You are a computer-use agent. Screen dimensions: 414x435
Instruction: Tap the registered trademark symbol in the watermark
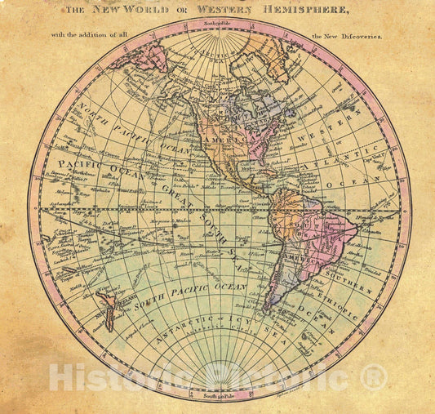click(x=374, y=378)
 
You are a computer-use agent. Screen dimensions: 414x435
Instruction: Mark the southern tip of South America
click(x=269, y=311)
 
